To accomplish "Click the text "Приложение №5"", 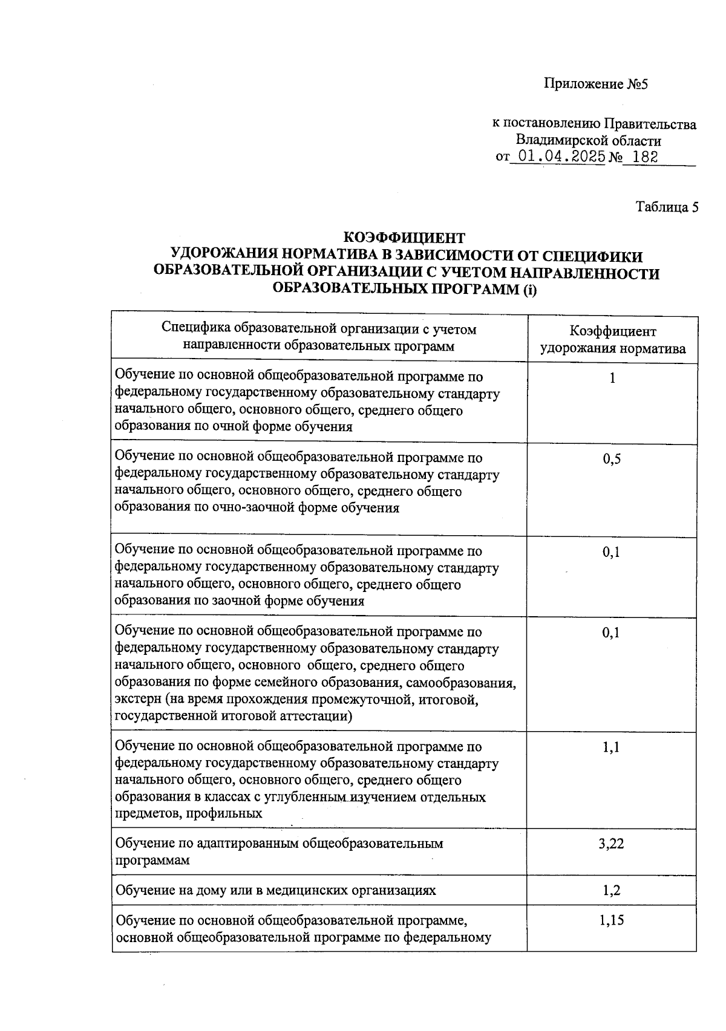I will click(595, 83).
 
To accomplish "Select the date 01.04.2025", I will click(557, 157).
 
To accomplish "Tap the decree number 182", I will click(643, 157).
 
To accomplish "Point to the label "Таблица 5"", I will click(667, 207).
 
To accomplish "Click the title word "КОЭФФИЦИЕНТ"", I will click(404, 238).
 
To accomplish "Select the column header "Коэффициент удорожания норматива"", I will click(612, 340).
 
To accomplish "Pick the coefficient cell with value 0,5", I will click(612, 459).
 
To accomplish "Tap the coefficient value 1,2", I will click(612, 890).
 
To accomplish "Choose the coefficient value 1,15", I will click(612, 920).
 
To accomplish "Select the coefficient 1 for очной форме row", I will click(612, 379).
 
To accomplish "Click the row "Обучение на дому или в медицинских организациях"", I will click(275, 890).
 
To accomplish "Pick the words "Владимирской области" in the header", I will click(588, 141).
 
